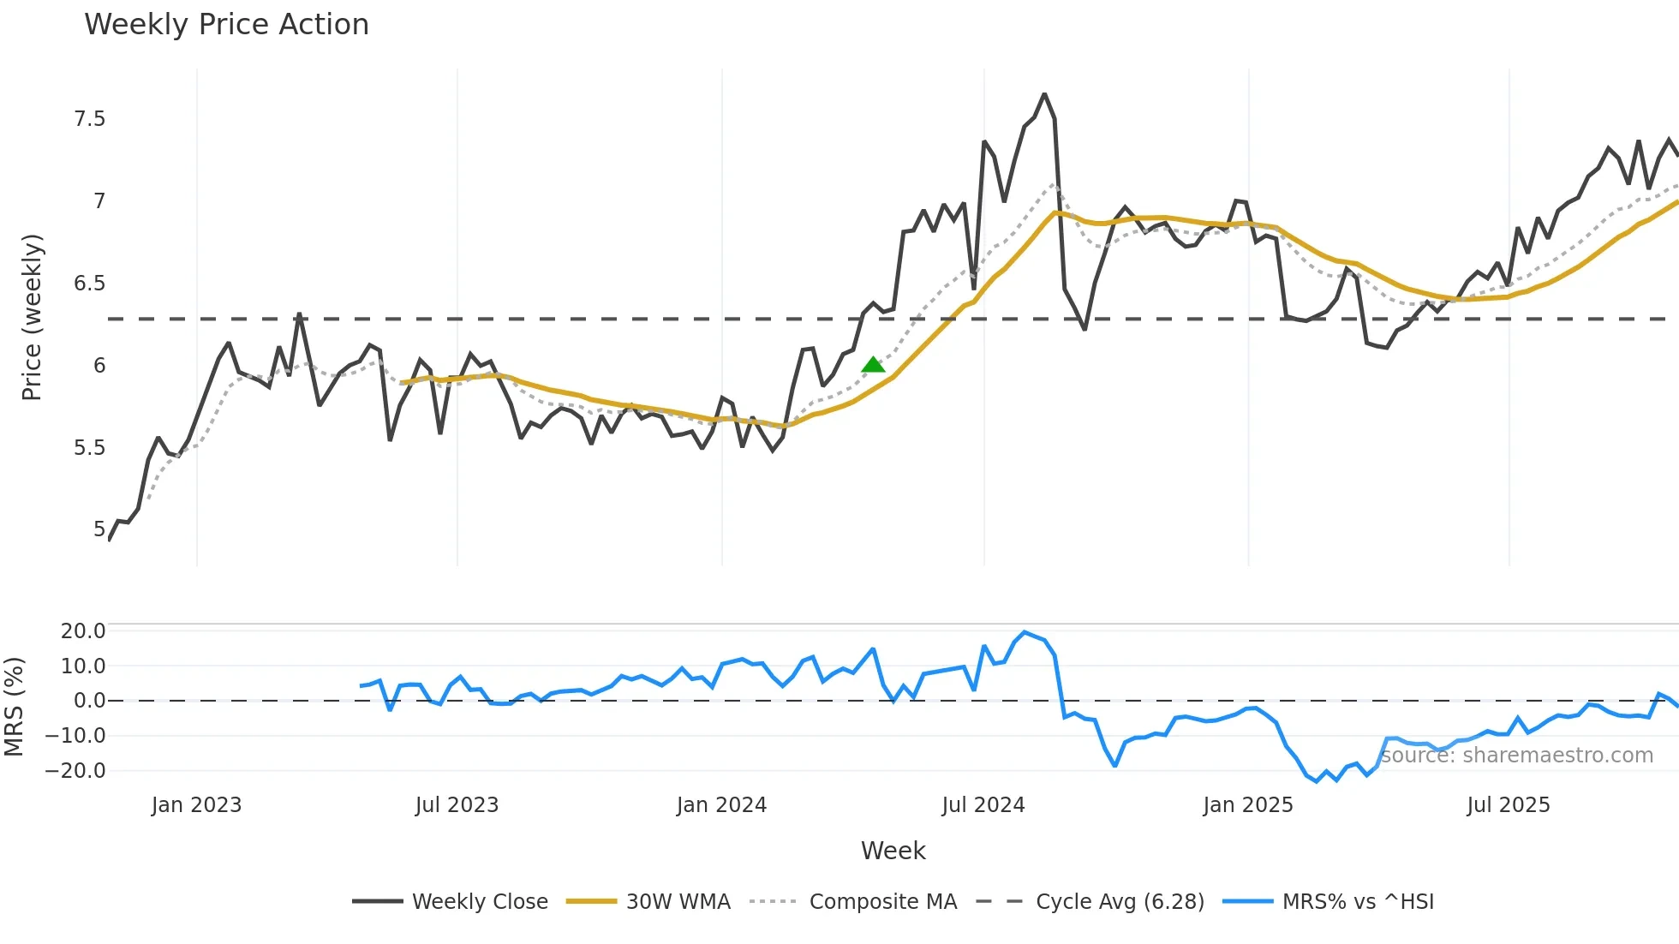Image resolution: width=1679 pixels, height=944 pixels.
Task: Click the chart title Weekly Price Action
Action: (226, 25)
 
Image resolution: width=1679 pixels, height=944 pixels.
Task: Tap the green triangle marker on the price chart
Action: (873, 365)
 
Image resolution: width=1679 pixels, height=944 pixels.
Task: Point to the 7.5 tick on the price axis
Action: (90, 119)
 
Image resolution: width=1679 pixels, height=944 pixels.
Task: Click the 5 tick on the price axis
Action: (99, 529)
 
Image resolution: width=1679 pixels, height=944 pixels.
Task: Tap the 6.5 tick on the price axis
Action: (90, 284)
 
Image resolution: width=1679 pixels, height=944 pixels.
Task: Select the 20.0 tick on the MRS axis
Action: (83, 631)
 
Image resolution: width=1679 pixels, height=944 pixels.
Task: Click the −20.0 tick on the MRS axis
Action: (75, 770)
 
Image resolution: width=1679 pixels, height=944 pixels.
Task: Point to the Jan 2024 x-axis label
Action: (721, 805)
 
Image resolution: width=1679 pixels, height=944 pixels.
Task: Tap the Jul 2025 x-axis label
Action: (1508, 805)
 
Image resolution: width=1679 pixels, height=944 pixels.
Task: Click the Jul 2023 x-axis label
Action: (457, 805)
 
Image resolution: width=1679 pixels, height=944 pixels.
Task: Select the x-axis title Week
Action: (893, 851)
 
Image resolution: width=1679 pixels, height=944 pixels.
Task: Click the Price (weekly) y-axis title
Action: (32, 317)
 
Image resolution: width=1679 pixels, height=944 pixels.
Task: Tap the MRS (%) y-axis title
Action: (14, 707)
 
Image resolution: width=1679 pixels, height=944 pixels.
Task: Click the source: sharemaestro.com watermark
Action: (1516, 756)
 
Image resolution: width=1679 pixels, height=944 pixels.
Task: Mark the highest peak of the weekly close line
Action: (1044, 94)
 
